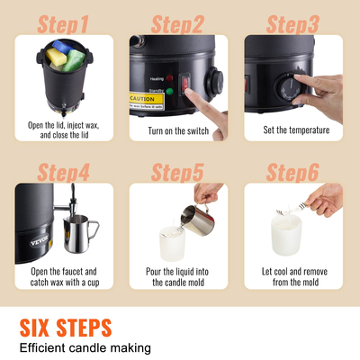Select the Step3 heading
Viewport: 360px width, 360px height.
pos(296,22)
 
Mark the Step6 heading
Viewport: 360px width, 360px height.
pos(296,169)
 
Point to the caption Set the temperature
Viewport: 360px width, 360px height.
pos(296,130)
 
